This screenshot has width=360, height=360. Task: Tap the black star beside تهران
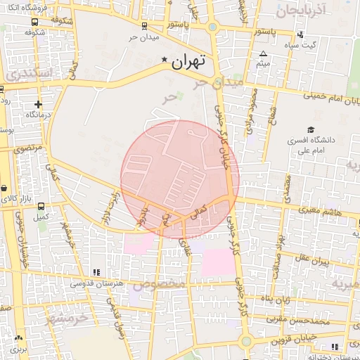tap(165, 60)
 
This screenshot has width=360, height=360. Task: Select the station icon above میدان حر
tap(144, 26)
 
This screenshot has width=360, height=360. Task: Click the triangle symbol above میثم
tap(263, 53)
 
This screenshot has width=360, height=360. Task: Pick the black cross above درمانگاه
tap(37, 104)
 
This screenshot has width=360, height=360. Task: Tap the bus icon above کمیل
tap(41, 207)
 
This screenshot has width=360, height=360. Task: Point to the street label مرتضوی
tap(28, 148)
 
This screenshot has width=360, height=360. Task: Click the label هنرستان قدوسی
tap(98, 283)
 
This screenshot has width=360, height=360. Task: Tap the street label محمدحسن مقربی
tap(302, 321)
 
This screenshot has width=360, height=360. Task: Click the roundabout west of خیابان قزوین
tap(245, 342)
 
